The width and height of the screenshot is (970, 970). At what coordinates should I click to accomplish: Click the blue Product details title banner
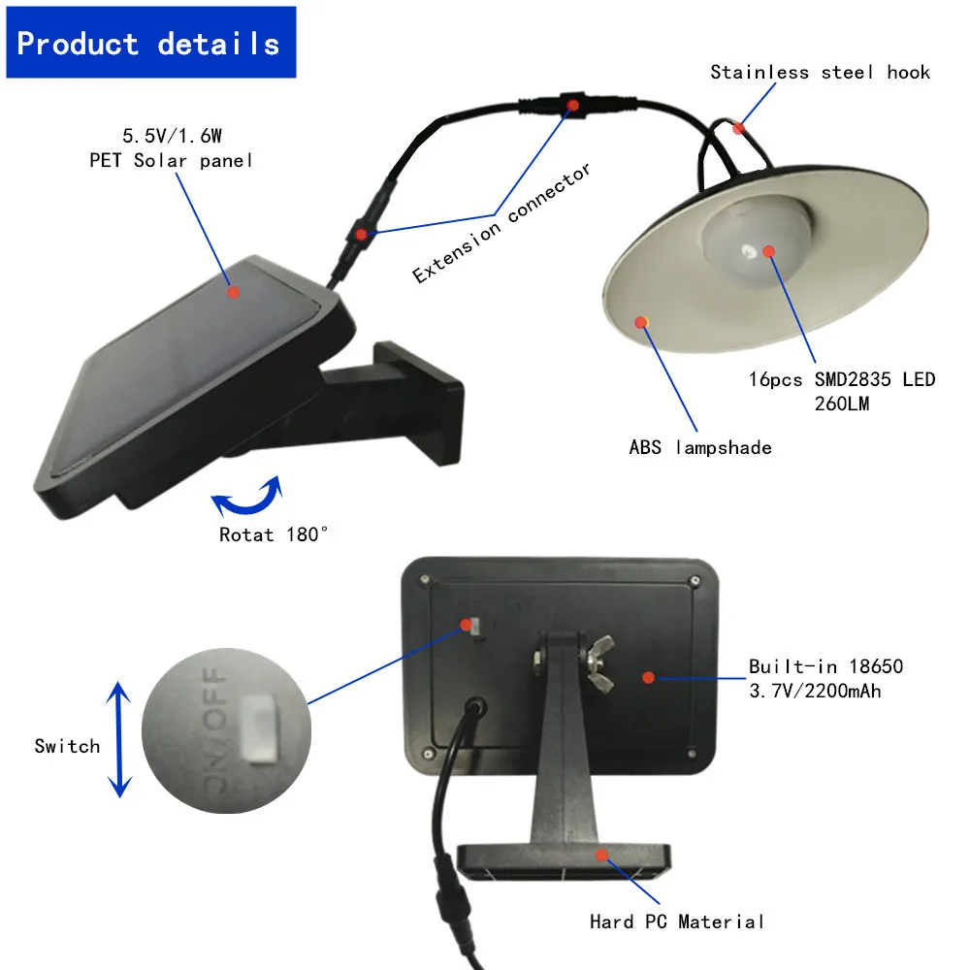tap(150, 43)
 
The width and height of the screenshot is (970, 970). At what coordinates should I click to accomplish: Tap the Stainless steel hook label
tap(820, 72)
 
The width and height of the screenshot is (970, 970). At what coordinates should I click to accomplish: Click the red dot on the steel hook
tap(739, 127)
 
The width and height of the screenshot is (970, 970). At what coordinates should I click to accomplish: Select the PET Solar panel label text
tap(171, 160)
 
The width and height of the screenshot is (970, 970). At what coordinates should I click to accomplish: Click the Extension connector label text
tap(501, 224)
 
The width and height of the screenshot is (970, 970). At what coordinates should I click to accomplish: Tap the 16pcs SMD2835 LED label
tap(841, 379)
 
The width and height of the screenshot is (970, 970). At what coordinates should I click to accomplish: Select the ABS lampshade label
tap(699, 448)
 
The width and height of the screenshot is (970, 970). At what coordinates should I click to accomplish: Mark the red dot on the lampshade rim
tap(640, 322)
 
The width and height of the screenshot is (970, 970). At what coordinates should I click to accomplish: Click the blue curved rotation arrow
tap(246, 497)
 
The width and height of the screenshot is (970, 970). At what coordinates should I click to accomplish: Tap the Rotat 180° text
tap(275, 534)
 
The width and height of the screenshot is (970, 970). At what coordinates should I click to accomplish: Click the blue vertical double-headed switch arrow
tap(118, 738)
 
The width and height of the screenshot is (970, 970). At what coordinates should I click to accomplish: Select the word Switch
tap(67, 746)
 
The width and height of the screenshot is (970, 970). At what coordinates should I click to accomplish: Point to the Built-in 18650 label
tap(825, 666)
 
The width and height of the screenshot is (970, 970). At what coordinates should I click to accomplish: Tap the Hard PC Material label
tap(677, 921)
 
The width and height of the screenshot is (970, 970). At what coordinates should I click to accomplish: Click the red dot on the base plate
tap(601, 856)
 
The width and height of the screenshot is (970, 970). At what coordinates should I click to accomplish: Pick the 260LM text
tap(841, 403)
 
